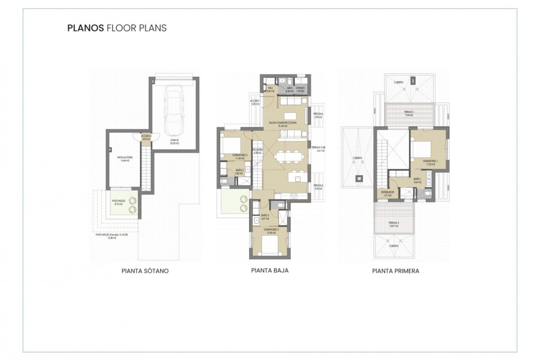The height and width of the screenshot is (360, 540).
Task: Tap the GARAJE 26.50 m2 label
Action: click(x=174, y=141)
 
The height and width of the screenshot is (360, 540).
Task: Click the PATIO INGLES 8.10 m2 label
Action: click(x=118, y=202)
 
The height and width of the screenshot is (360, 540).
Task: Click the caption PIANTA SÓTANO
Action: click(x=145, y=271)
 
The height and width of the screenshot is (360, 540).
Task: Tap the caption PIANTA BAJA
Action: click(x=269, y=270)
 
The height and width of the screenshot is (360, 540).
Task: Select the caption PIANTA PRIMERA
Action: click(x=395, y=271)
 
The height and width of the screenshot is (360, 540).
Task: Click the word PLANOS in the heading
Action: click(x=85, y=28)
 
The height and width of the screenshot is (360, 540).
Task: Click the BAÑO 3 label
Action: click(x=265, y=217)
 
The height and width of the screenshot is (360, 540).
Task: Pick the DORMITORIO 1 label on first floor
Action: click(x=430, y=163)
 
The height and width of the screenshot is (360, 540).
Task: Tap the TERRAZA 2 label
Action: click(x=394, y=224)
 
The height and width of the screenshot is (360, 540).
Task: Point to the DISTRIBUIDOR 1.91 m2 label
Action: click(x=387, y=193)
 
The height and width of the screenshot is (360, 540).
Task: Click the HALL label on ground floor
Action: click(x=270, y=89)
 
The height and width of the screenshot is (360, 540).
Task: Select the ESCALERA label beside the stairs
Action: click(x=257, y=151)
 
